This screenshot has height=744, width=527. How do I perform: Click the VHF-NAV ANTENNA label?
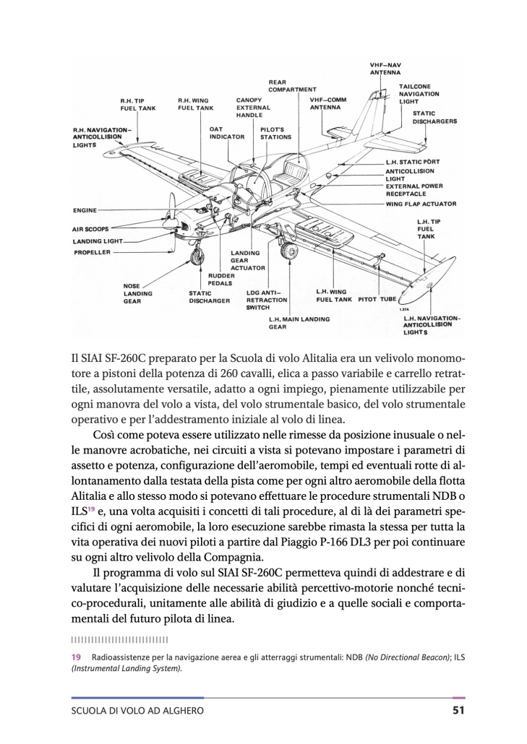tap(385, 69)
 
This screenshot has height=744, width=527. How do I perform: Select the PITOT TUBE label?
tap(377, 298)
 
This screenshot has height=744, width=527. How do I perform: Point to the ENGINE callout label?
tap(85, 210)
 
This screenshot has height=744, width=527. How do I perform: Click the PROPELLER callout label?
tap(92, 253)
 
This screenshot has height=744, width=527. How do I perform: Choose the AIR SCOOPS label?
tap(90, 228)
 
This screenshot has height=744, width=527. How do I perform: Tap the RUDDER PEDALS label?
tap(220, 280)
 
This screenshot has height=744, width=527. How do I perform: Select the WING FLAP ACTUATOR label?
tap(421, 203)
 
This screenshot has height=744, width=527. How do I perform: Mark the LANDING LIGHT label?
tap(98, 241)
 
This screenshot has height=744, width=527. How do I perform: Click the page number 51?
tap(457, 711)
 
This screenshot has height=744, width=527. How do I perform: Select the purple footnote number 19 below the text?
tap(75, 657)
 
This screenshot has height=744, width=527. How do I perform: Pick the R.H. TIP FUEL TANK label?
tap(138, 104)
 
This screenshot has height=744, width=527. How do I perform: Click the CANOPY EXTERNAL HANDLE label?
tap(253, 107)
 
